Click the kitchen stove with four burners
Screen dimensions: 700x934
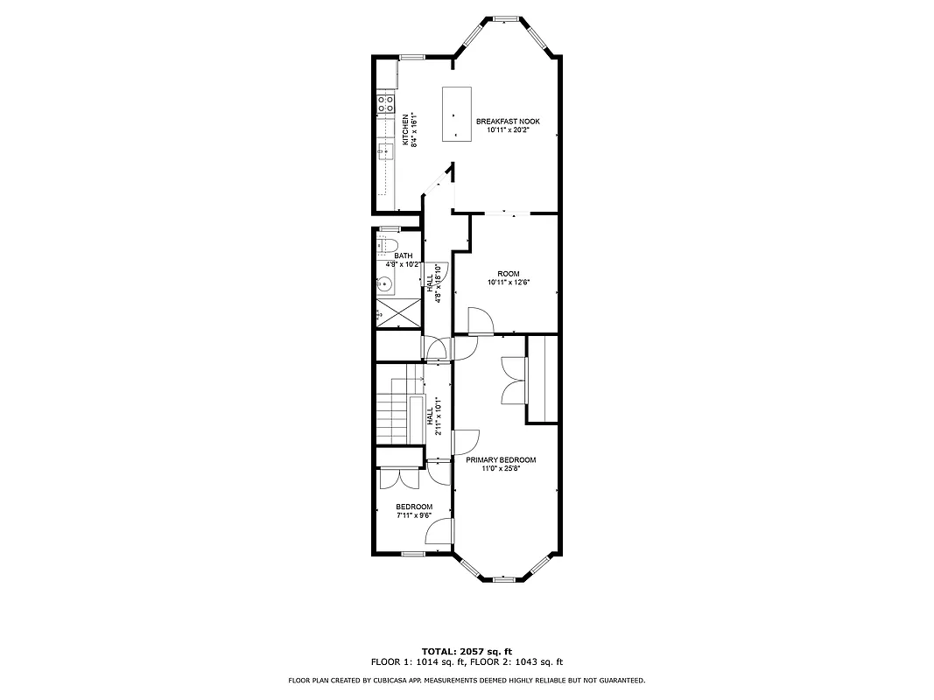pyautogui.click(x=384, y=104)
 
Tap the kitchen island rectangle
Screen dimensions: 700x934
pyautogui.click(x=454, y=114)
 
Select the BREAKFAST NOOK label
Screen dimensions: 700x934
pyautogui.click(x=508, y=121)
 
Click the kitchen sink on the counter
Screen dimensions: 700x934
pyautogui.click(x=385, y=152)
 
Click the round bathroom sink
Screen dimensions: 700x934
pyautogui.click(x=384, y=283)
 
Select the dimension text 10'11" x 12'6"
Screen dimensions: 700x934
pyautogui.click(x=509, y=282)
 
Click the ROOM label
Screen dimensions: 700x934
pyautogui.click(x=509, y=273)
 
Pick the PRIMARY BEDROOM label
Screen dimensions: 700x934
pyautogui.click(x=501, y=459)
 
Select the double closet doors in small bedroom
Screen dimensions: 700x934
pyautogui.click(x=391, y=479)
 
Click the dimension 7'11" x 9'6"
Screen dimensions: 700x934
pyautogui.click(x=414, y=515)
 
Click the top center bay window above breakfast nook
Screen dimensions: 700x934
pyautogui.click(x=505, y=17)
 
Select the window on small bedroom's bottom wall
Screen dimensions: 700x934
pyautogui.click(x=412, y=553)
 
